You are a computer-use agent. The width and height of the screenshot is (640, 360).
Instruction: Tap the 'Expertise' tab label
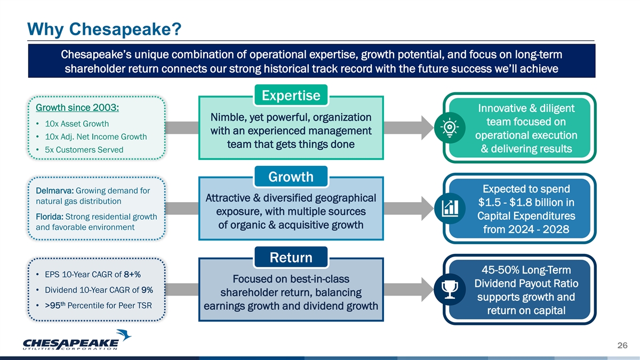pyautogui.click(x=291, y=95)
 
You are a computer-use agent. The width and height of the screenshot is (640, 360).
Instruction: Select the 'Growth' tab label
pyautogui.click(x=291, y=176)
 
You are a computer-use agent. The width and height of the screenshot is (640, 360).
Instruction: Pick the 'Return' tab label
pyautogui.click(x=291, y=258)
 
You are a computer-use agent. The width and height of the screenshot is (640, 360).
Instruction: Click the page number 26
pyautogui.click(x=621, y=346)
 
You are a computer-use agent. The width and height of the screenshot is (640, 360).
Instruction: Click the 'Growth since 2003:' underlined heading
pyautogui.click(x=77, y=107)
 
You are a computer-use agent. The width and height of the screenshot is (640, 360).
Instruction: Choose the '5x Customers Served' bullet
pyautogui.click(x=80, y=150)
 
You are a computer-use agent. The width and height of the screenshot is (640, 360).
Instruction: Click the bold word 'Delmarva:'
pyautogui.click(x=55, y=191)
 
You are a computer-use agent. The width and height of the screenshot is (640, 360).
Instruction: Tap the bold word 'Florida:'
pyautogui.click(x=50, y=217)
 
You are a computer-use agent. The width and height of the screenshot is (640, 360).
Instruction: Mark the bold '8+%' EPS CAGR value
pyautogui.click(x=132, y=275)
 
